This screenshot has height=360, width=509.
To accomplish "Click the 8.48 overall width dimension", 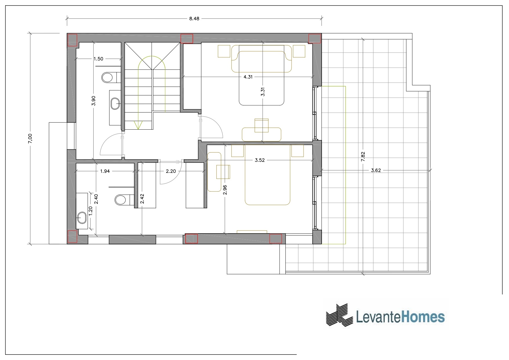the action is (194, 19).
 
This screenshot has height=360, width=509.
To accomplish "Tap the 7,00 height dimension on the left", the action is (32, 138).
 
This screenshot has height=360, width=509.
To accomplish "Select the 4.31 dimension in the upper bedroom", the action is (248, 77).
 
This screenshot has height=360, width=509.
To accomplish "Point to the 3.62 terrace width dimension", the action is (376, 170).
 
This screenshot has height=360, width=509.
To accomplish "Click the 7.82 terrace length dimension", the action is (363, 157).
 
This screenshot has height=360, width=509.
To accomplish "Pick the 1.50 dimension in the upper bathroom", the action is (98, 59).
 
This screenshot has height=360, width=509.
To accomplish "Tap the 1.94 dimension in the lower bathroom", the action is (105, 171).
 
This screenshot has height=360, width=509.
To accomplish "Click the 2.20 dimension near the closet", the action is (171, 171).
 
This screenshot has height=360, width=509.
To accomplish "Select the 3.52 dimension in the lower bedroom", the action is (260, 160).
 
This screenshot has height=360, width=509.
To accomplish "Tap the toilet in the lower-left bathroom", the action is (122, 200).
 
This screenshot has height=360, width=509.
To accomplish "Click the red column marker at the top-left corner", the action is (73, 40).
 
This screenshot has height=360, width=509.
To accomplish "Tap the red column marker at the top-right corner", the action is (315, 38).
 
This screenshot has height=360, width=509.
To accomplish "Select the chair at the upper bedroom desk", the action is (262, 125).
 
